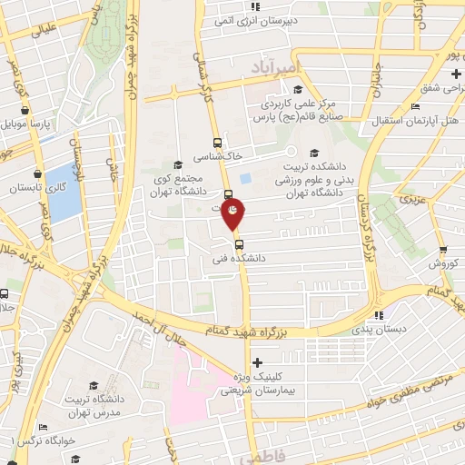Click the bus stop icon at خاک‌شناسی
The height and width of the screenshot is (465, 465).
216,143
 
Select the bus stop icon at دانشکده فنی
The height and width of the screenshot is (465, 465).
238,243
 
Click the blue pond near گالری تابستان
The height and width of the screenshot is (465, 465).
64,193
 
